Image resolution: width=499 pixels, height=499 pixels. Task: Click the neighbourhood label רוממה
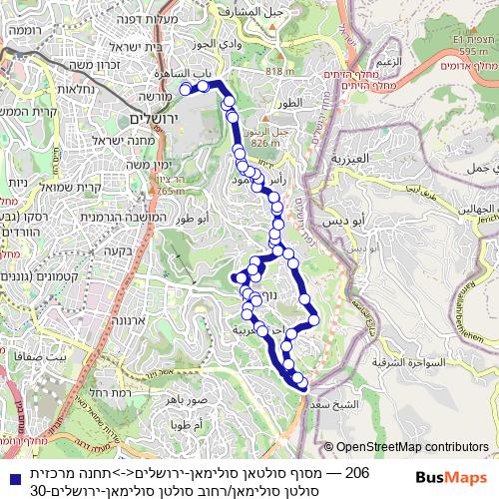tap(27, 31)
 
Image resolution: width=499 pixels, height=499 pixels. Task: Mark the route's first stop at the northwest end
tap(185, 88)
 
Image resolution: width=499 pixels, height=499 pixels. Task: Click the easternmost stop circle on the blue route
tap(313, 320)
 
